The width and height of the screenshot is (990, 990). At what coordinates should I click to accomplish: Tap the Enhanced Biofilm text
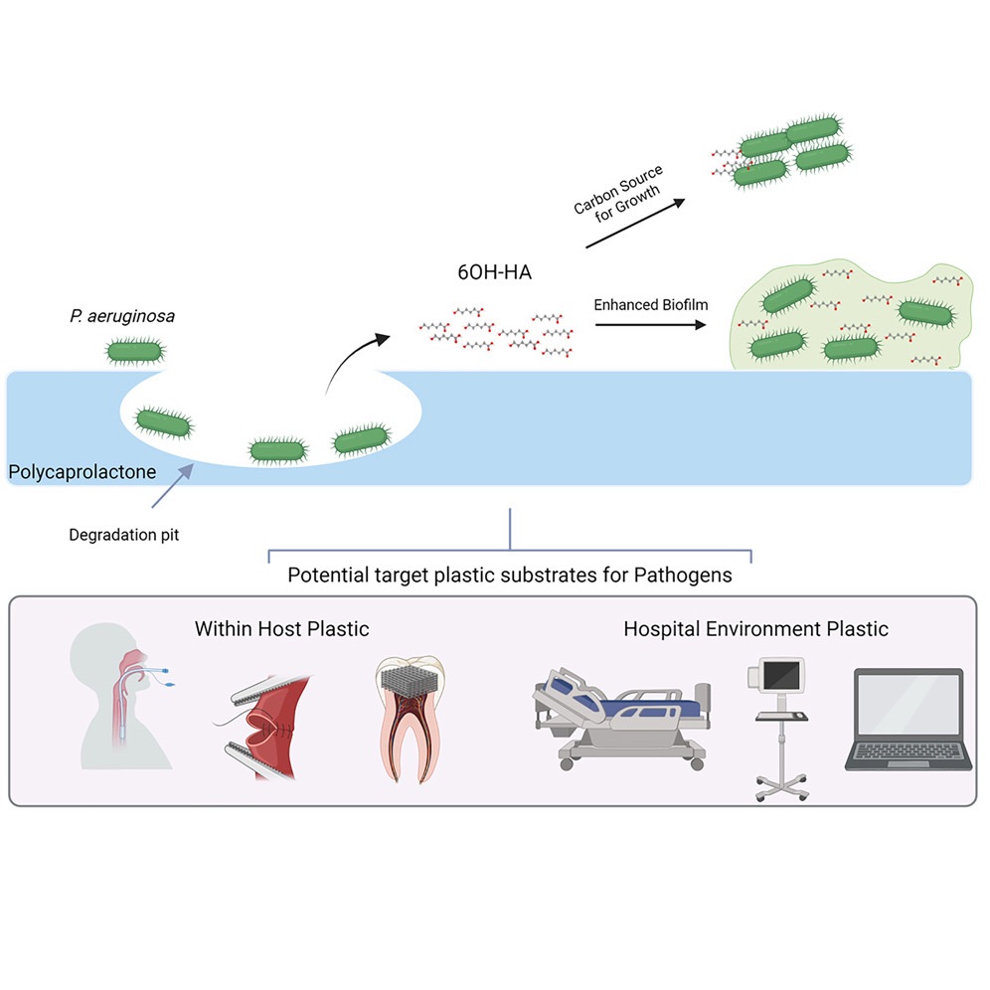tap(650, 304)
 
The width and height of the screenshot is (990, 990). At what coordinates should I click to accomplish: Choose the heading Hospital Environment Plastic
tap(755, 628)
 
